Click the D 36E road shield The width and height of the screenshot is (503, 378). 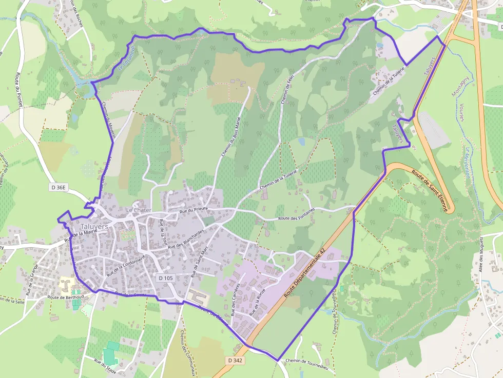59,188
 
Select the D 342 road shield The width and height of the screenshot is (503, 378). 235,361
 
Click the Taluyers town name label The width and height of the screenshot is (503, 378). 94,226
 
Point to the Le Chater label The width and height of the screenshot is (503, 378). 139,210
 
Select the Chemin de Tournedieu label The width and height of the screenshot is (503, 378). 306,361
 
